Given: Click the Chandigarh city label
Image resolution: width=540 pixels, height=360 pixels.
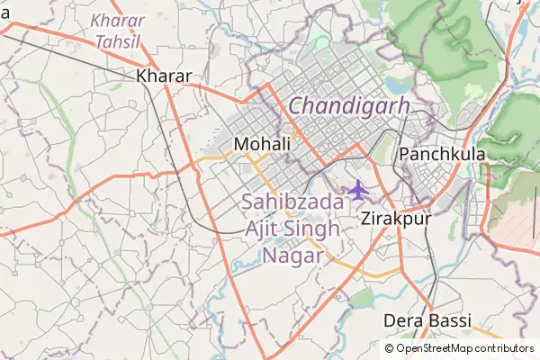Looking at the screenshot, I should (349, 106).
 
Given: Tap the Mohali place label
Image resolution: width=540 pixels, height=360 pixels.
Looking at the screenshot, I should (261, 144).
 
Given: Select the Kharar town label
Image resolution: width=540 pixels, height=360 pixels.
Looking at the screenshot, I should (164, 76).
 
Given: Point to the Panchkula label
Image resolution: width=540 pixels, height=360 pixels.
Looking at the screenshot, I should (442, 154).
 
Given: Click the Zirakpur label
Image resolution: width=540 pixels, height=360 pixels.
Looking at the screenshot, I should (395, 218).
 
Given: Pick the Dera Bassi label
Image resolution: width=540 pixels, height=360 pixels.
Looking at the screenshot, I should (427, 320).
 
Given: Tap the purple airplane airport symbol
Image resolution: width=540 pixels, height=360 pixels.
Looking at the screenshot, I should (358, 191).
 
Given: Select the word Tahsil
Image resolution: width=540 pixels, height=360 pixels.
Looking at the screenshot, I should (118, 41).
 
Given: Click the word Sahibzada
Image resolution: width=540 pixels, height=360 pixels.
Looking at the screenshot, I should (292, 202).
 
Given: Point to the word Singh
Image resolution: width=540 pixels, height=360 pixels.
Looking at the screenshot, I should (311, 229).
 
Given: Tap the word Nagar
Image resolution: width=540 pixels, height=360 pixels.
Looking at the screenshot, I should (292, 255).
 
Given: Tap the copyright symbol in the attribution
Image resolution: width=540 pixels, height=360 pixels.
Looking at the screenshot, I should (390, 348).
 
